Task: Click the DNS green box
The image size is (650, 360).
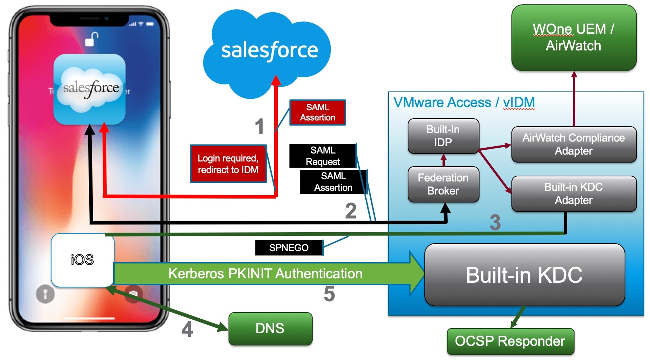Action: [x=270, y=328]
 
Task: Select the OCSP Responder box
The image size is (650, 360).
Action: [x=510, y=341]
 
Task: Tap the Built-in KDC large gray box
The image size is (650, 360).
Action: [x=524, y=275]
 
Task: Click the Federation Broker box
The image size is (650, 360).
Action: [x=443, y=184]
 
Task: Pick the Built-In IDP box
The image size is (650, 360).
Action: [x=443, y=136]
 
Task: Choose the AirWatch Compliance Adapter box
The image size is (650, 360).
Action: [x=573, y=144]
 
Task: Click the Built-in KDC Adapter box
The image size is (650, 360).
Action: [x=573, y=193]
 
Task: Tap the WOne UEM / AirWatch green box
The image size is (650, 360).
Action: [x=573, y=37]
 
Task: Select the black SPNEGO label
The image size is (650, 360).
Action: [x=289, y=248]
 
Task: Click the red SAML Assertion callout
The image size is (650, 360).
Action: [x=317, y=112]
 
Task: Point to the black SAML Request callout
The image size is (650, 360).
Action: [x=322, y=156]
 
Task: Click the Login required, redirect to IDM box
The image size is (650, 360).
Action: [x=228, y=164]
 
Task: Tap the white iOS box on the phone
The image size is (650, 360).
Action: [x=82, y=260]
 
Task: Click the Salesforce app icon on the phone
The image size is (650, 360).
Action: [x=90, y=89]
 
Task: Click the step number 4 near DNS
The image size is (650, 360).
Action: [x=187, y=330]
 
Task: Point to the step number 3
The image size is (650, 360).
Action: [x=495, y=222]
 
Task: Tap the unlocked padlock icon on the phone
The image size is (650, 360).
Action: [x=92, y=39]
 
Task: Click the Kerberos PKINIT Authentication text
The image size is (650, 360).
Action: [x=265, y=274]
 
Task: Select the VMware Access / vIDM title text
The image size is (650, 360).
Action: [x=464, y=103]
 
